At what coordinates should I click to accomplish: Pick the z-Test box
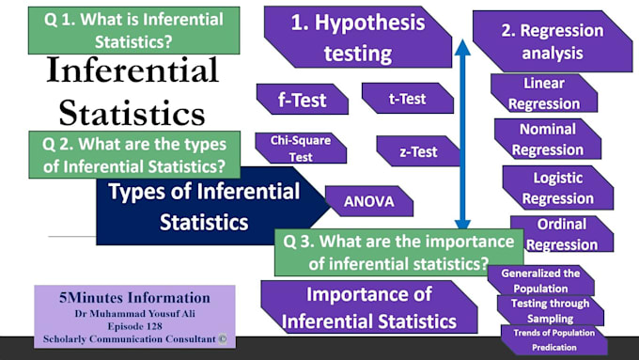click(x=417, y=150)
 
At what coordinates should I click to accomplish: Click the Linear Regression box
click(x=542, y=93)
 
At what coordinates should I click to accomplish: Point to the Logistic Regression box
click(x=557, y=187)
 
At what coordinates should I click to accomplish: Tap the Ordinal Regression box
click(x=561, y=234)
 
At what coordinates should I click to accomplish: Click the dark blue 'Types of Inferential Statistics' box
click(x=204, y=207)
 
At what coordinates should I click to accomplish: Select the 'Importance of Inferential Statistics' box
click(x=369, y=307)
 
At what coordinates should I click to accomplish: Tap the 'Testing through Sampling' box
click(x=549, y=310)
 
